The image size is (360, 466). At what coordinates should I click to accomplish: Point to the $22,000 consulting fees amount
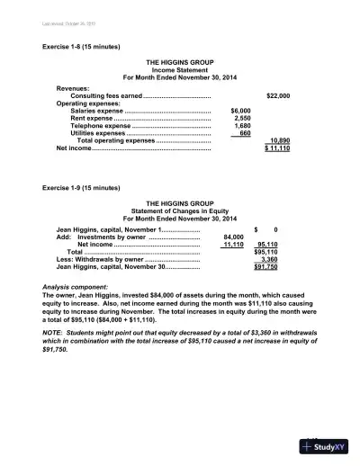[277, 94]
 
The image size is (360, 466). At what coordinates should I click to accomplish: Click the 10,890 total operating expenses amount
[279, 141]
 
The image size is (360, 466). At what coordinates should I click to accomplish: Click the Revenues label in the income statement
[73, 87]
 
